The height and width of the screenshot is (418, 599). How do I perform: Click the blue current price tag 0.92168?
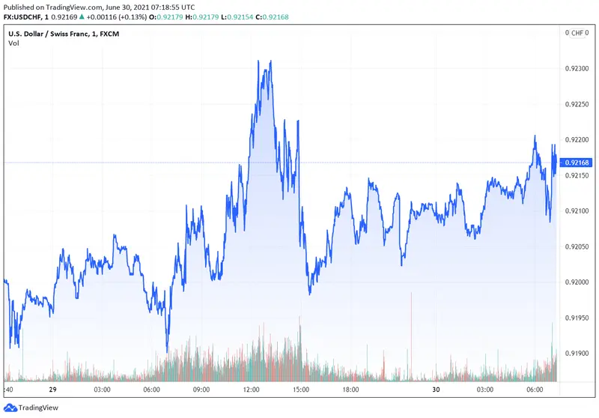click(x=578, y=163)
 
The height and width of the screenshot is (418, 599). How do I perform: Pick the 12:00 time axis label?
click(x=251, y=390)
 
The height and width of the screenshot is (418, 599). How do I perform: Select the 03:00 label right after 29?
click(x=102, y=390)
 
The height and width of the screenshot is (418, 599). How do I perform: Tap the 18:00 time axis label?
click(x=350, y=390)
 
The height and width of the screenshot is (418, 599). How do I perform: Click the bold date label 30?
click(x=437, y=390)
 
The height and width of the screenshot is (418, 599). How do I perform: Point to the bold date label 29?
click(x=53, y=390)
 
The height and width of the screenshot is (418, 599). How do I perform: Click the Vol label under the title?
click(x=13, y=43)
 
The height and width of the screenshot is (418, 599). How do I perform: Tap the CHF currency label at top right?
click(x=577, y=33)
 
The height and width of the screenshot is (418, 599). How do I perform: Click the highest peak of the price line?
click(x=270, y=61)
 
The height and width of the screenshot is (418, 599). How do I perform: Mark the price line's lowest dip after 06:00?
click(x=167, y=351)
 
